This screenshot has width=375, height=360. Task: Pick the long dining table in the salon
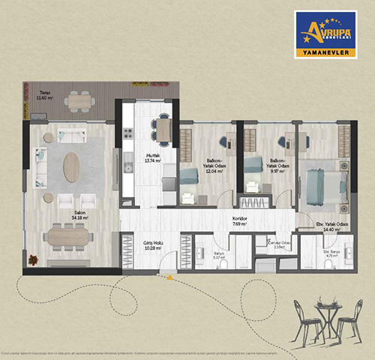(x=68, y=236)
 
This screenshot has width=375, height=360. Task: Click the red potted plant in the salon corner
(x=34, y=259)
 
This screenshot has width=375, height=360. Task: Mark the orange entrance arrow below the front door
(x=171, y=277)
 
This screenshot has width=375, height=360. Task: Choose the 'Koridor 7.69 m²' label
(x=240, y=222)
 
